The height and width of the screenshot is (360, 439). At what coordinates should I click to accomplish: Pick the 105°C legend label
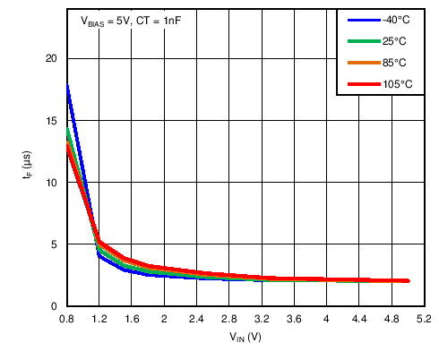[x=394, y=84]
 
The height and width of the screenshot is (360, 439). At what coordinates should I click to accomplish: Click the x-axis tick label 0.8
[x=66, y=319]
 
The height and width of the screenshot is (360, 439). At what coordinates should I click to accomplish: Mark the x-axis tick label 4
[x=326, y=319]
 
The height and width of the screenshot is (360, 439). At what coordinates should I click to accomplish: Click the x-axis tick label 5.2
[x=424, y=319]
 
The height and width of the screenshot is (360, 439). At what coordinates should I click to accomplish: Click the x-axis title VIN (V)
[x=245, y=339]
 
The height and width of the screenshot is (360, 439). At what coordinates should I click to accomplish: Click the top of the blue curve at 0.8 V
[x=67, y=86]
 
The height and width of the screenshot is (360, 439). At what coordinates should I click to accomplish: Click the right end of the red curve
[x=408, y=281]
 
